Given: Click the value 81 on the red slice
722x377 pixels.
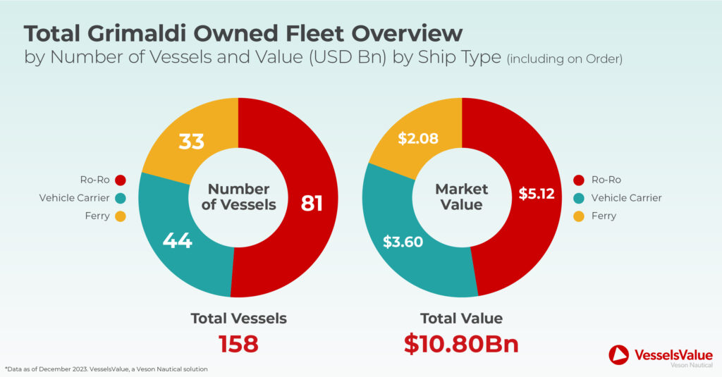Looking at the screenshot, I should click(x=310, y=204).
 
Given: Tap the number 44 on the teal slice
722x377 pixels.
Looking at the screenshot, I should click(x=177, y=240).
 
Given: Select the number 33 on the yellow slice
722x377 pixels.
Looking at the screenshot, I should click(x=190, y=141).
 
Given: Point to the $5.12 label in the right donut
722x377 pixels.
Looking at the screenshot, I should click(x=537, y=193).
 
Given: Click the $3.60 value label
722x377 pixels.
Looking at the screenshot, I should click(x=403, y=242).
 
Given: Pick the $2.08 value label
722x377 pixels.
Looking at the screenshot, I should click(x=418, y=139).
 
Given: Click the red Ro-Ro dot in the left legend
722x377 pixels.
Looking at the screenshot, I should click(x=120, y=180).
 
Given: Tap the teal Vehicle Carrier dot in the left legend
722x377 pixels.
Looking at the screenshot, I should click(x=120, y=198).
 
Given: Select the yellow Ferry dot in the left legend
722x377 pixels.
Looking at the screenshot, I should click(x=120, y=216).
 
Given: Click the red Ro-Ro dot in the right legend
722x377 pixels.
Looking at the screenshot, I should click(x=580, y=180).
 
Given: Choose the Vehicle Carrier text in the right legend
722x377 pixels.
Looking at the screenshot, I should click(x=627, y=198).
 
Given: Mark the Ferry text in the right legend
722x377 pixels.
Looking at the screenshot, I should click(x=604, y=216).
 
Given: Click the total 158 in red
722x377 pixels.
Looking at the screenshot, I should click(x=238, y=344).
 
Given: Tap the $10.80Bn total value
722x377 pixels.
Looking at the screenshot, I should click(x=461, y=344).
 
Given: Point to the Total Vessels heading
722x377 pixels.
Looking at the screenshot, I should click(x=238, y=318).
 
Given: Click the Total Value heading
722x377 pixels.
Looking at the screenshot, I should click(x=461, y=318).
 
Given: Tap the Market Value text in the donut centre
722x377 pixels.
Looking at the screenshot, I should click(x=462, y=197).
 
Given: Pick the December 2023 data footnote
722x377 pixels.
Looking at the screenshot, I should click(x=106, y=369).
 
